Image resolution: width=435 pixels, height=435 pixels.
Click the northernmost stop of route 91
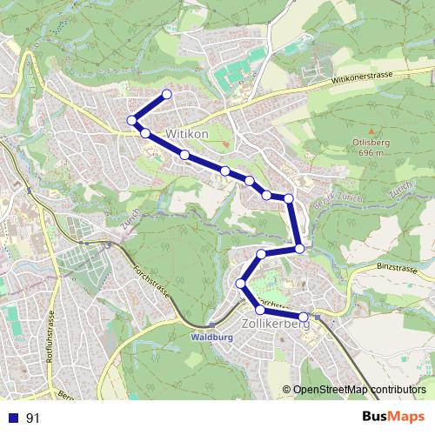click(166, 94)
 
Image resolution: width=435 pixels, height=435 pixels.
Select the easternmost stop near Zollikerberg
click(304, 317)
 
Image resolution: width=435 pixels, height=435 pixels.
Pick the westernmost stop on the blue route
click(131, 120)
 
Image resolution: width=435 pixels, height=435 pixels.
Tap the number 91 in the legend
click(33, 418)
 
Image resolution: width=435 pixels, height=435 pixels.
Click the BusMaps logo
click(387, 418)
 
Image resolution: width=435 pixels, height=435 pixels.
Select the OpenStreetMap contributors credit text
click(358, 390)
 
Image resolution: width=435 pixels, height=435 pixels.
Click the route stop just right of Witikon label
click(224, 171)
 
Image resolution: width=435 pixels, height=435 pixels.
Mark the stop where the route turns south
click(288, 199)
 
